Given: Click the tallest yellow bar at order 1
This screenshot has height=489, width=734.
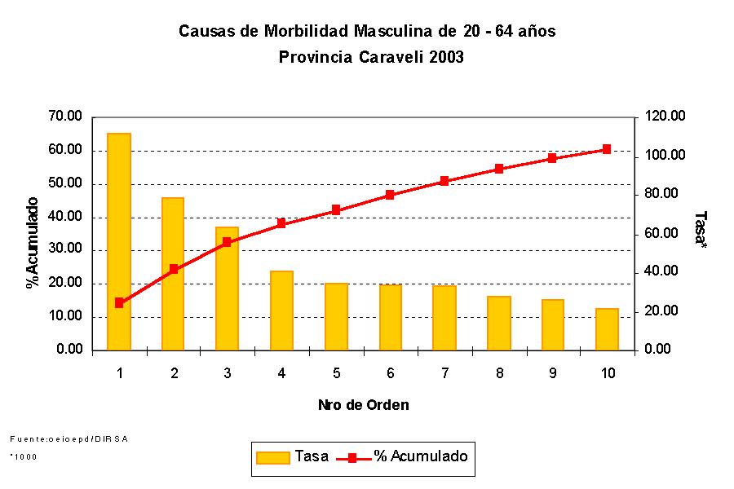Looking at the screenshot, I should tap(119, 241).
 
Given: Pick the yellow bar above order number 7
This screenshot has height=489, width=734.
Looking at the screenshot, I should tap(444, 318).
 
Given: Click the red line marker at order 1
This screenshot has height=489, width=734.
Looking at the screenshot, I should tap(119, 302).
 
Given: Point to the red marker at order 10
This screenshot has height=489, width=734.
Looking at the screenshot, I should tap(607, 149).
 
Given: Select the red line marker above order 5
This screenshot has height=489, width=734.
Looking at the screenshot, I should tap(336, 210).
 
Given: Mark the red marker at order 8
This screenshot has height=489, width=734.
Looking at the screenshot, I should tap(498, 169).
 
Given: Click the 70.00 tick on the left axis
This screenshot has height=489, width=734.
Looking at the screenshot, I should tap(66, 117).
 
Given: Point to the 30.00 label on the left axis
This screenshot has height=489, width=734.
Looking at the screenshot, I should tap(66, 250).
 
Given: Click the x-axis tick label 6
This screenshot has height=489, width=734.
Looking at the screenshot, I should tap(391, 373).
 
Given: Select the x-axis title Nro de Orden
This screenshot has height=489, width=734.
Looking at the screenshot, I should tap(364, 404).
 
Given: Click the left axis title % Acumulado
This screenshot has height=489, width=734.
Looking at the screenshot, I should tap(33, 242).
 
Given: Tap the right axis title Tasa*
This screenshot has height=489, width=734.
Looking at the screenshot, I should tap(699, 231).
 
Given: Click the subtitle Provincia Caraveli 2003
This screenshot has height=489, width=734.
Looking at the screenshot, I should tap(371, 58).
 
